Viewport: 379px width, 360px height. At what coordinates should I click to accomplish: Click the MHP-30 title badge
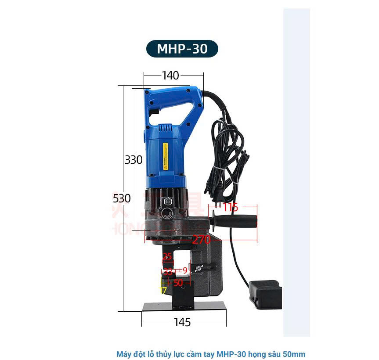coord(182,48)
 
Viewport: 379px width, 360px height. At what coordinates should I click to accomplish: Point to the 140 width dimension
coord(170,76)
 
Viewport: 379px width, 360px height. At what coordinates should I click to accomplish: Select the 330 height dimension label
coord(134,160)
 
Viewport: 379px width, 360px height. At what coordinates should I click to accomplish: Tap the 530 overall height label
coord(122,198)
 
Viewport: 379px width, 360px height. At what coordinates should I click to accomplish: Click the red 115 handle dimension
coord(230,207)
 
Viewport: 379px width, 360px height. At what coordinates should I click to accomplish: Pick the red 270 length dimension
coord(201,240)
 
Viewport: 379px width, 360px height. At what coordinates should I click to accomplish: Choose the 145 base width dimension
coord(182,323)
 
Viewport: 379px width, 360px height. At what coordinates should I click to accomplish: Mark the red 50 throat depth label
coord(178,283)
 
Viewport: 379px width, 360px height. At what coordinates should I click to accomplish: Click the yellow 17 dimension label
coord(163,290)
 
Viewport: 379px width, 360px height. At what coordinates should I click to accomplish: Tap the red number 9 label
coord(185,270)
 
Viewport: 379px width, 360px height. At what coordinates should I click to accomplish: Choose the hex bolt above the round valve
coord(166,202)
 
